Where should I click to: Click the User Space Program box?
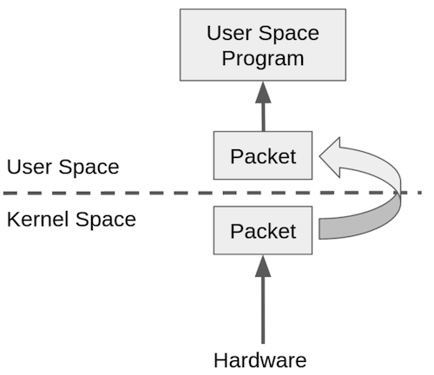263,45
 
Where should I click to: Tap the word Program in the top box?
263,59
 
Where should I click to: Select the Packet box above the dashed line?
263,155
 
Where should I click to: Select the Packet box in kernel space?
263,230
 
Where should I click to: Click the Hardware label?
260,360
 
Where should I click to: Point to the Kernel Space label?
71,219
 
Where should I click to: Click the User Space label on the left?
62,167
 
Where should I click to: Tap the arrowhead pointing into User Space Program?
263,92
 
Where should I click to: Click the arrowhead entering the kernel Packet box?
263,266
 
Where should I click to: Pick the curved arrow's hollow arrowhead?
331,157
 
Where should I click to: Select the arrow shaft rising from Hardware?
263,310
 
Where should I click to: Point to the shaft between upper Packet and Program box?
263,117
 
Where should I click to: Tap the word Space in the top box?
288,35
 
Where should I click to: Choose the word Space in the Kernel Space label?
106,220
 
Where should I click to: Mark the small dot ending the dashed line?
419,193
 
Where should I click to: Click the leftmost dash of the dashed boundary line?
10,193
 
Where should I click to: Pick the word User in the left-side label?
29,167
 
